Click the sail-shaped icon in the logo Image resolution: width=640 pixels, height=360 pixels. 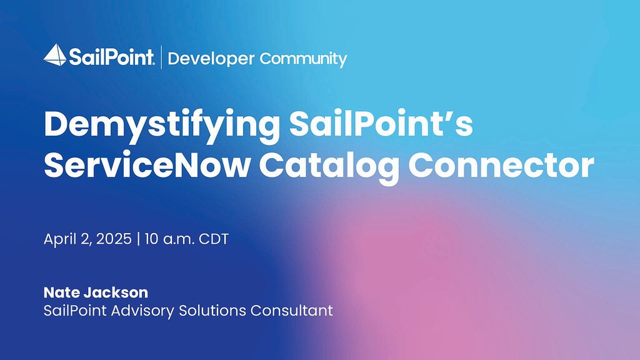click(55, 55)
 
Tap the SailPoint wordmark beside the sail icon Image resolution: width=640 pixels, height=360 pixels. click(111, 59)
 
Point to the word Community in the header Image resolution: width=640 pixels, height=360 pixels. click(303, 59)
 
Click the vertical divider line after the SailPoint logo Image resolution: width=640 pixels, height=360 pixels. click(162, 57)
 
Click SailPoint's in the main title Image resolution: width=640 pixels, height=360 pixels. click(381, 124)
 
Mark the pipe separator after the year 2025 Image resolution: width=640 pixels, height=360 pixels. click(138, 239)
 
